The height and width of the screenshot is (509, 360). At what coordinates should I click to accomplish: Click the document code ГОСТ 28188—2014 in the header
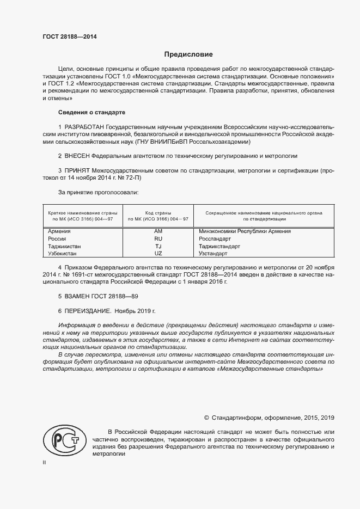coord(70,38)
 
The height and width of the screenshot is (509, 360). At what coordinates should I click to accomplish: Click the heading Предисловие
coord(189,54)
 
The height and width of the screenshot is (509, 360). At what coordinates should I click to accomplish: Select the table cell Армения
coord(60,231)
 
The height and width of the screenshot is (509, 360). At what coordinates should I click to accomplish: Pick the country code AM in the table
coord(158,231)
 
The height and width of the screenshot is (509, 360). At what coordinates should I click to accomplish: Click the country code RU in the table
coord(158,238)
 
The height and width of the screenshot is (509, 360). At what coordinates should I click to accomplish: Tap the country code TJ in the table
coord(158,246)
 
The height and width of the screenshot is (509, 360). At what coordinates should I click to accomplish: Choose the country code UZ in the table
coord(158,254)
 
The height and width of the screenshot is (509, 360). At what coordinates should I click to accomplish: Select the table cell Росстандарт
coord(215,238)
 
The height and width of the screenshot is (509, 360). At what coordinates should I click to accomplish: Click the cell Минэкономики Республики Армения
coord(245,231)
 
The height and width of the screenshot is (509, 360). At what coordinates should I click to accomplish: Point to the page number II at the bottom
coord(45,462)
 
